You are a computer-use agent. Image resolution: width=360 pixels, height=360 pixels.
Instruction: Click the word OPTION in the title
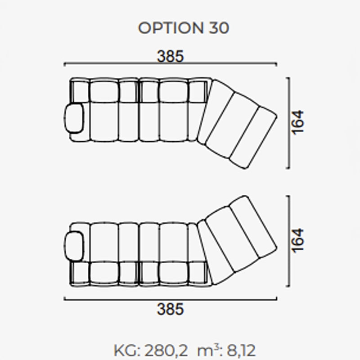171,28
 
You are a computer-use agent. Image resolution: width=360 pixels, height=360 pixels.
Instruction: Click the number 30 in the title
219,28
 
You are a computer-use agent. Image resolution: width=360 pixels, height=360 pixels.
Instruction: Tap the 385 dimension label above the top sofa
170,56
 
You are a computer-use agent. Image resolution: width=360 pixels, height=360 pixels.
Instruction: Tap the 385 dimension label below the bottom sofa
170,309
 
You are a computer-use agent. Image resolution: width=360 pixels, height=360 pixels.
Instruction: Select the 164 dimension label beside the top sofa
297,122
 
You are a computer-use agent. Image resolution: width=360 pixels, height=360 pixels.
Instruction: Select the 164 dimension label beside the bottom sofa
297,241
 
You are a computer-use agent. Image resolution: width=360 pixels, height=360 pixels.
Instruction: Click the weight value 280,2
166,351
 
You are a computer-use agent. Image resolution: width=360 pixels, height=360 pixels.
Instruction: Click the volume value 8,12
241,351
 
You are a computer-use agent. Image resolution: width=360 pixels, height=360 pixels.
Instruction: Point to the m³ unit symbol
208,350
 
